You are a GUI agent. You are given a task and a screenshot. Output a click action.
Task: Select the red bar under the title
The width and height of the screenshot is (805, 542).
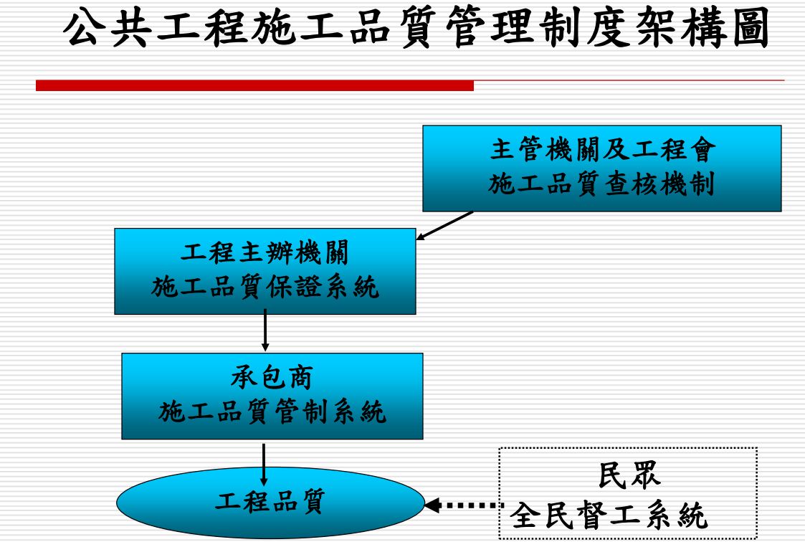(x=254, y=85)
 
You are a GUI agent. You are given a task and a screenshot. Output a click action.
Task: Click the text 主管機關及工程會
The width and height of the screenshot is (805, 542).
(x=602, y=151)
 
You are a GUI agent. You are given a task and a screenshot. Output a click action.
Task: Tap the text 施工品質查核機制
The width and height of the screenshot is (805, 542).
(x=602, y=185)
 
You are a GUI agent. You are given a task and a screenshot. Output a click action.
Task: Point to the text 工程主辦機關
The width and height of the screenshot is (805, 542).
(x=265, y=254)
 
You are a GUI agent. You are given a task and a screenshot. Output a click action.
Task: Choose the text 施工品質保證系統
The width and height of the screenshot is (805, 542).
(x=265, y=288)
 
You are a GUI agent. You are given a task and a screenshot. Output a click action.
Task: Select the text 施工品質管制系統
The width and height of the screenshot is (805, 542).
(x=272, y=413)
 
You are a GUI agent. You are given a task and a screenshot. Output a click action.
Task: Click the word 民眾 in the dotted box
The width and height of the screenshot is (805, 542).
(x=629, y=477)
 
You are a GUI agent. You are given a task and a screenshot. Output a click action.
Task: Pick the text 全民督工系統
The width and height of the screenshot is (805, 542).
(x=609, y=515)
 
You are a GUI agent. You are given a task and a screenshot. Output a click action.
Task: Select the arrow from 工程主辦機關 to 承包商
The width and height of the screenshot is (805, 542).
(x=265, y=333)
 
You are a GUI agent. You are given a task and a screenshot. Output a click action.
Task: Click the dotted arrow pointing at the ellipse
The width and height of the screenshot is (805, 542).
(x=462, y=505)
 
